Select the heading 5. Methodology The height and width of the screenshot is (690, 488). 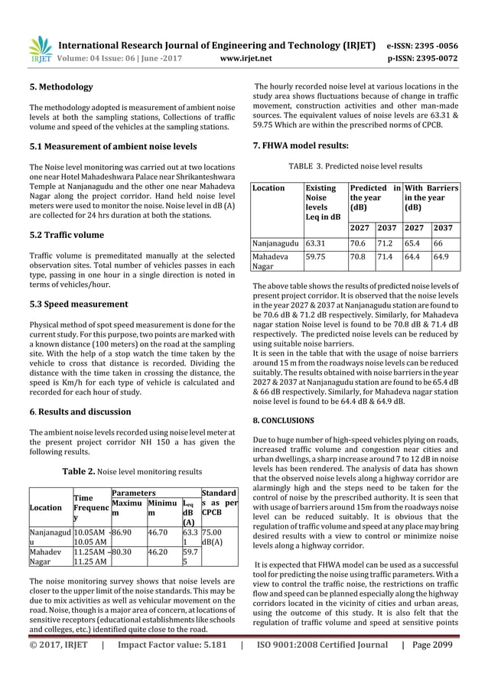click(60, 87)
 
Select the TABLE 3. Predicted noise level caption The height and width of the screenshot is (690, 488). click(355, 165)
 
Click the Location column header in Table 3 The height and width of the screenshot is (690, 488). click(268, 187)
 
